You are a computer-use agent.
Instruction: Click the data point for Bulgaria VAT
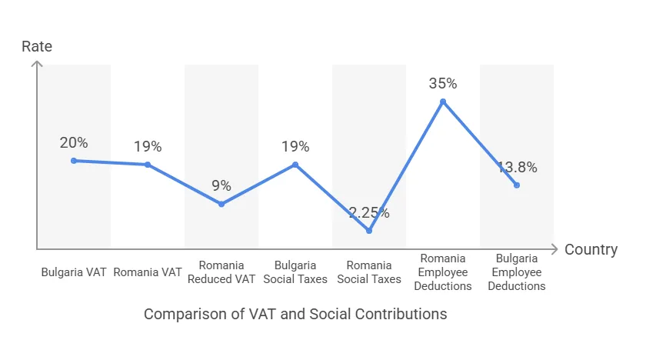pos(74,161)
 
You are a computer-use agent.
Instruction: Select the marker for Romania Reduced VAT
pos(221,204)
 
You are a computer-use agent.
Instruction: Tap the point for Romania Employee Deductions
pos(443,102)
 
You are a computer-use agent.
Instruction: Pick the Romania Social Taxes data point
pos(369,231)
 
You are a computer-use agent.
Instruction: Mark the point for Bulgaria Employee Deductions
pos(517,185)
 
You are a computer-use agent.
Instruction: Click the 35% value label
pos(443,83)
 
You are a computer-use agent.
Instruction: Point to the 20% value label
pos(74,142)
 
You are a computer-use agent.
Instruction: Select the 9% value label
pos(221,185)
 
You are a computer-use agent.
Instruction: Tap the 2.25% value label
pos(369,213)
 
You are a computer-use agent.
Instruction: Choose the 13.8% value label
pos(517,167)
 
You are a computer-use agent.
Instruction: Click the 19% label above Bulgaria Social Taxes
pos(295,146)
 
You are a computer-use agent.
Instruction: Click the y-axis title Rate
pos(37,46)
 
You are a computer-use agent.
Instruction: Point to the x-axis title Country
pos(591,250)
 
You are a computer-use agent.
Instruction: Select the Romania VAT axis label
pos(148,272)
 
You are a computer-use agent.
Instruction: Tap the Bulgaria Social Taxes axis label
pos(295,272)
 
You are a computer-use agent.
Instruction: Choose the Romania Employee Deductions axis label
pos(443,272)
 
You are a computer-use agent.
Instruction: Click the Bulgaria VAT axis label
pos(74,272)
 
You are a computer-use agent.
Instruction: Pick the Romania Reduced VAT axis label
pos(221,272)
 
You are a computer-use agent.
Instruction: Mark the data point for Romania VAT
pos(148,165)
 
